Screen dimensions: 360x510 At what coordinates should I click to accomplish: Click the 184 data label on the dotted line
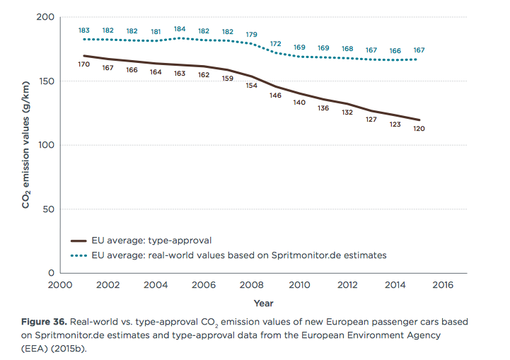coord(180,29)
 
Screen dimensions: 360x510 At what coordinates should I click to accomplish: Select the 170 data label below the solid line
coord(84,64)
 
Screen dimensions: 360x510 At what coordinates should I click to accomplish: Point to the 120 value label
coord(419,129)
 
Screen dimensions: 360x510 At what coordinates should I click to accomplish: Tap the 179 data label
coord(251,34)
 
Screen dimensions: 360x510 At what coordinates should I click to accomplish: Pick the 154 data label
coord(251,86)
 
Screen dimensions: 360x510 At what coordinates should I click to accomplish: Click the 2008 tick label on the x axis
coord(252,285)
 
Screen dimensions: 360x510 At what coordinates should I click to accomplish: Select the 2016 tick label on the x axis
coord(442,285)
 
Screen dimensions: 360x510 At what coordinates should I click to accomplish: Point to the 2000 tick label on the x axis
coord(60,285)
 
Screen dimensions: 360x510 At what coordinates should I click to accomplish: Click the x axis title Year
coord(263,303)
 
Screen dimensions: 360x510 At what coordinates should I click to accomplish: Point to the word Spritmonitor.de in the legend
coord(306,255)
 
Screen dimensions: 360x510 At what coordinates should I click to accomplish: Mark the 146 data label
coord(275,95)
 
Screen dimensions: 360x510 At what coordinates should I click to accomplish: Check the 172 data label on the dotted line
coord(275,43)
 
